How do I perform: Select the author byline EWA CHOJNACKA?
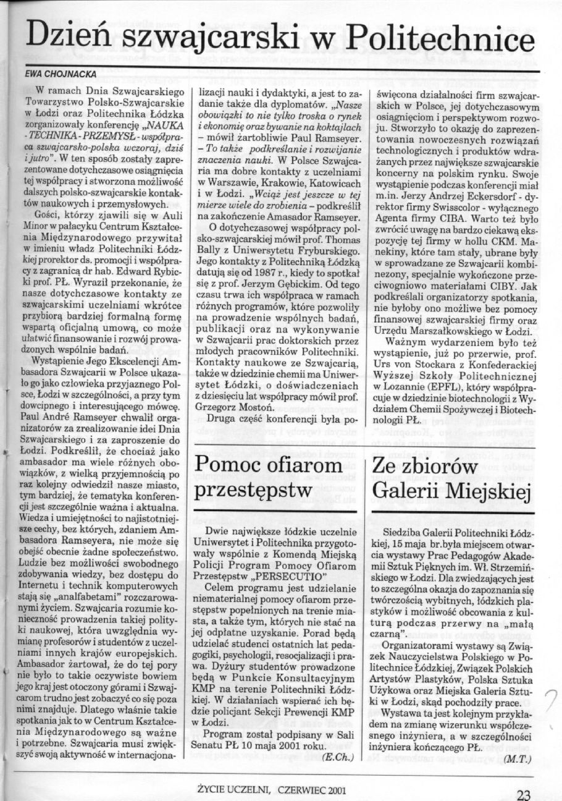[59, 74]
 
